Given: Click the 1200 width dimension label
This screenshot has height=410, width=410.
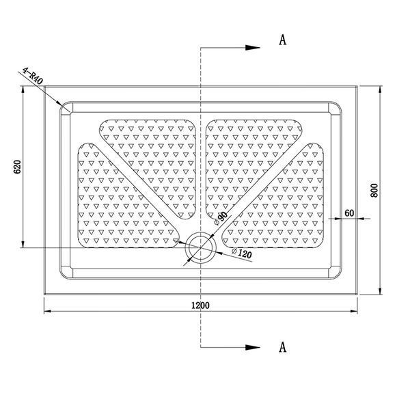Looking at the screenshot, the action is click(x=200, y=305).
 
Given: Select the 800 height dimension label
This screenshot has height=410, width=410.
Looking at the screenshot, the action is click(x=374, y=191).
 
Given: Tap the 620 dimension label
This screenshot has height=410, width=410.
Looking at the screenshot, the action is click(x=17, y=167).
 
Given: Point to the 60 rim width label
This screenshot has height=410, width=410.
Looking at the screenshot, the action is click(x=349, y=213).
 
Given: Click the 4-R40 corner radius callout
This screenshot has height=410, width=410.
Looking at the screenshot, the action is click(x=32, y=76).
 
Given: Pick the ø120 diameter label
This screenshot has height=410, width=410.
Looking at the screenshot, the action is click(x=242, y=253).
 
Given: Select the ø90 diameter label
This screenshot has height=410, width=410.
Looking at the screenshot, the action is click(x=221, y=218).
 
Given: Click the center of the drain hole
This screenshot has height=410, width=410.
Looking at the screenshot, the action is click(x=200, y=247).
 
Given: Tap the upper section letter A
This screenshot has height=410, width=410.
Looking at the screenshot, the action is click(x=283, y=40).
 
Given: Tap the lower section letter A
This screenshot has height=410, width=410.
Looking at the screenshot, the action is click(x=283, y=347).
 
